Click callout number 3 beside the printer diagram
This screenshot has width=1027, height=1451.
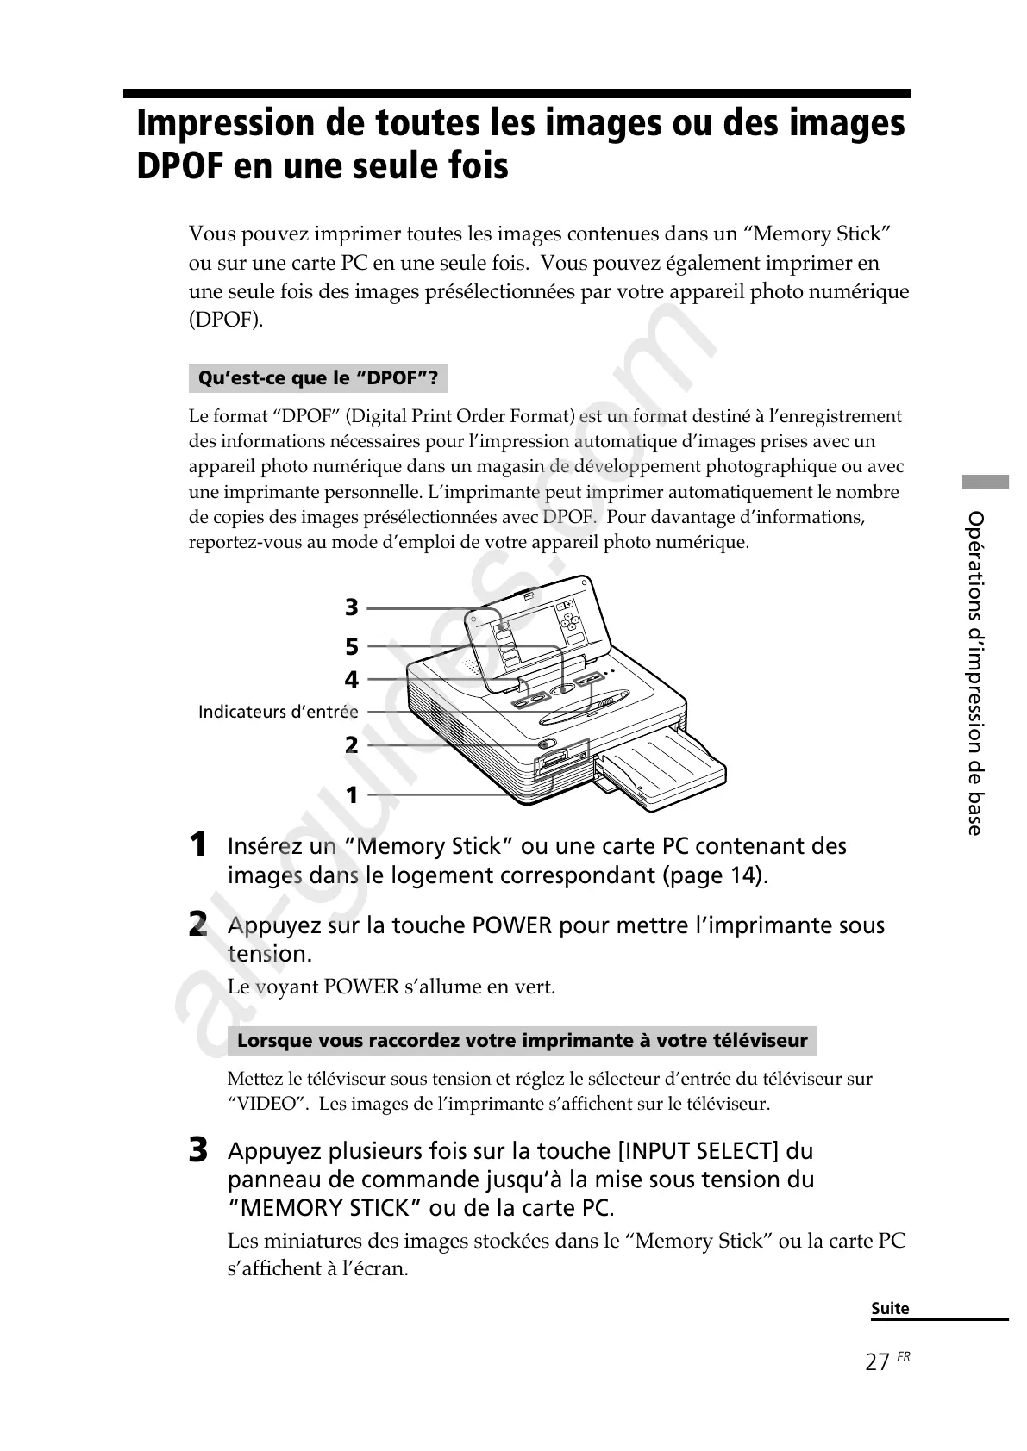coord(351,607)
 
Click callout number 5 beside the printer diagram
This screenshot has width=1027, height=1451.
coord(351,646)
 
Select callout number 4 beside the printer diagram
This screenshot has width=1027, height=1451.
coord(351,680)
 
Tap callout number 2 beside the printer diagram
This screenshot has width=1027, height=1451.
coord(351,744)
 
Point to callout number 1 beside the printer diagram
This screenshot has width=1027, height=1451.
coord(351,794)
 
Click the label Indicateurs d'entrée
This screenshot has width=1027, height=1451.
coord(278,712)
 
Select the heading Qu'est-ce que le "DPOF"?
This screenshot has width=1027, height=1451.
coord(318,378)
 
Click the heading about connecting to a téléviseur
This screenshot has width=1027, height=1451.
coord(522,1040)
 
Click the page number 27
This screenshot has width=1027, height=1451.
coord(878,1362)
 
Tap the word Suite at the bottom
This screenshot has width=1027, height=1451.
coord(890,1308)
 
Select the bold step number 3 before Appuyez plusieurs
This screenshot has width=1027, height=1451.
coord(198,1150)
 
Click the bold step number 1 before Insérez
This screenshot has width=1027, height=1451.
coord(198,845)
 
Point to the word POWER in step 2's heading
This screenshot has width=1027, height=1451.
coord(511,925)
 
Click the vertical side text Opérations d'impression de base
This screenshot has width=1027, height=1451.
coord(975,672)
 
